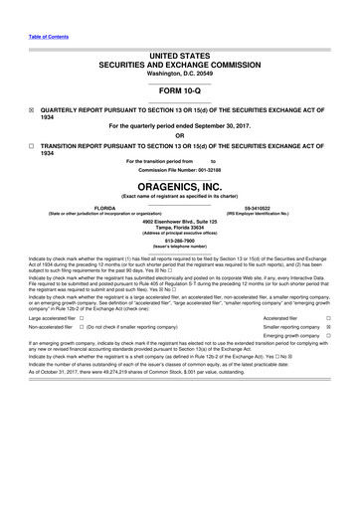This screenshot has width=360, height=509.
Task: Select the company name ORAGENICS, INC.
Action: [x=180, y=186]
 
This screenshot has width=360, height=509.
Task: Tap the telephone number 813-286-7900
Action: [x=180, y=239]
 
